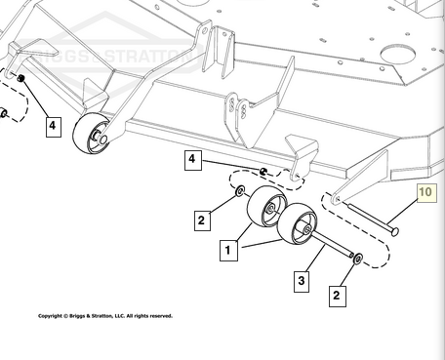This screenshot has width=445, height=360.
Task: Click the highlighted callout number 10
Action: coord(427,193)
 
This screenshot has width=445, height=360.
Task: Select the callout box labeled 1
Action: coord(228,250)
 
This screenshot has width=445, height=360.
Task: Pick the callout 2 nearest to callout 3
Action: coord(338,296)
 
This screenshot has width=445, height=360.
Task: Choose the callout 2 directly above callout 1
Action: coord(202,221)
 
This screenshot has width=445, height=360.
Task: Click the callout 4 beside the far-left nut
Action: coord(54,127)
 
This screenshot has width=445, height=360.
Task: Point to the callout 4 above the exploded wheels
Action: coord(193,160)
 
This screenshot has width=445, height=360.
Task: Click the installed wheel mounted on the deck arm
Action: coord(91,134)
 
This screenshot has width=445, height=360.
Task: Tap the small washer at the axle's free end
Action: coord(358,259)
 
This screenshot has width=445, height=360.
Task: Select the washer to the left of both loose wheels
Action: coord(240,191)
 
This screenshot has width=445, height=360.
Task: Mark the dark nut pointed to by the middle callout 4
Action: coord(263,172)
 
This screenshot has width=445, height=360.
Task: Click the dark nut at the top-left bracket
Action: coord(21,78)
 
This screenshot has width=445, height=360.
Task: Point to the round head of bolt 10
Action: coord(394,232)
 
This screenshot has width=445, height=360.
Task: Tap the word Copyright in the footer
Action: coord(51,316)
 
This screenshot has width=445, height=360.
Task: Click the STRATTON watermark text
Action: coord(149,56)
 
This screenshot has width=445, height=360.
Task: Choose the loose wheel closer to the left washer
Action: coord(266,207)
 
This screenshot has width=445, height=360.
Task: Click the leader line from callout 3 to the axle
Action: coord(315,259)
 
